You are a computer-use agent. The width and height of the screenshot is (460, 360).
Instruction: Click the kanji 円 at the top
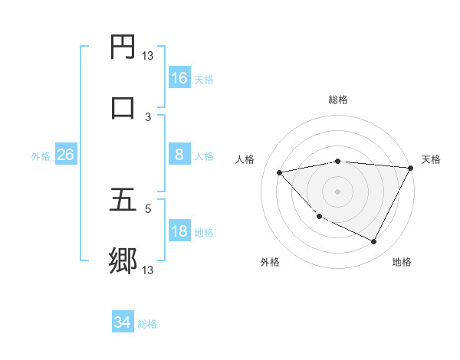[123, 47]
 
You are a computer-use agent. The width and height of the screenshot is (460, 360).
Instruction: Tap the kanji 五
[123, 201]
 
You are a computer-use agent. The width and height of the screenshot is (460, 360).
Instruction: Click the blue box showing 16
[179, 78]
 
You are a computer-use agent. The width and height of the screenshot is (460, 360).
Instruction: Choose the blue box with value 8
[179, 155]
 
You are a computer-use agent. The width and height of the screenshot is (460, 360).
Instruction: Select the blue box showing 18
[179, 231]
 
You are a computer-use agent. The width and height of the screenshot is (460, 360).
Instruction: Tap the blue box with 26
[65, 155]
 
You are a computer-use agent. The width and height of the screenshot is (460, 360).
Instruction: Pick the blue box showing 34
[122, 322]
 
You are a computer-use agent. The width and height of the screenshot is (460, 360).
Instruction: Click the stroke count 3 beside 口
[148, 116]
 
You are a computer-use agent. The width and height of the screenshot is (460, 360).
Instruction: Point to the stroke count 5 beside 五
[148, 208]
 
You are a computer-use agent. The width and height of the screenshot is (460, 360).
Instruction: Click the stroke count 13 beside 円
[148, 55]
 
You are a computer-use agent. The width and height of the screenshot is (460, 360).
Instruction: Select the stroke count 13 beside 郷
[148, 270]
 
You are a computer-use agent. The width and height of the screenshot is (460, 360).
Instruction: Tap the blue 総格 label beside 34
[147, 324]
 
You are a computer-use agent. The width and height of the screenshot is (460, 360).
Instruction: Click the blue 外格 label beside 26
[41, 156]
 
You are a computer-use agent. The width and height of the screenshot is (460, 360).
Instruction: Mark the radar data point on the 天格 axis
[411, 167]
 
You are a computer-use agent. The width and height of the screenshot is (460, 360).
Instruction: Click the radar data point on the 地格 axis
[374, 242]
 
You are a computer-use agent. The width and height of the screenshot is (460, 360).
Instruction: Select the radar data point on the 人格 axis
[280, 172]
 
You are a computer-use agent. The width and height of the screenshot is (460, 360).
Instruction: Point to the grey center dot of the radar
[338, 191]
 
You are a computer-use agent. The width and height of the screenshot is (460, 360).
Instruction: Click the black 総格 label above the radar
[338, 100]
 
